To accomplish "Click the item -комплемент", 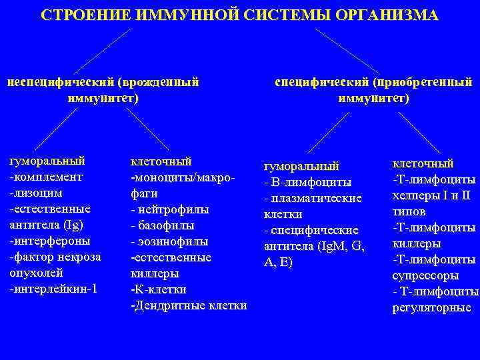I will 46,177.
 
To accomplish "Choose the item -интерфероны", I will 50,240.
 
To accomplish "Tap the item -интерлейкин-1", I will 53,288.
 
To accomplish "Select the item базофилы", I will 169,225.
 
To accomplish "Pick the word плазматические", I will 316,198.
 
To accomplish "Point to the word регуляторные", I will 432,307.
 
